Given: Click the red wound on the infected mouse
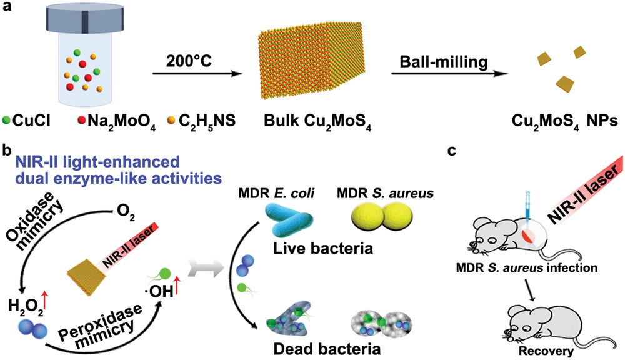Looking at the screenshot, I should (x=528, y=236).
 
